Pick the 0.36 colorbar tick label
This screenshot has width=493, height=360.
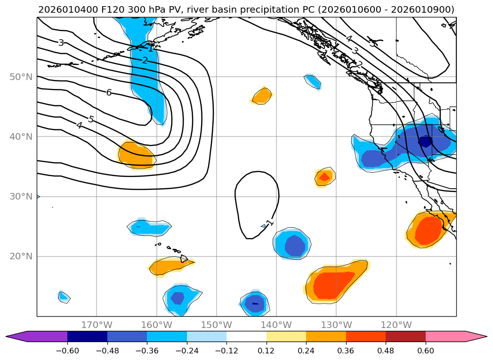346,351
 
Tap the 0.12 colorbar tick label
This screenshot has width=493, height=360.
267,351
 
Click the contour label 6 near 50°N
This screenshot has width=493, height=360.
109,93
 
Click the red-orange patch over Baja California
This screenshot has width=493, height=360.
428,229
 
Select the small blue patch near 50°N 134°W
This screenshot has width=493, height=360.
313,81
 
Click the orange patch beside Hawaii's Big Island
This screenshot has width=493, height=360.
170,267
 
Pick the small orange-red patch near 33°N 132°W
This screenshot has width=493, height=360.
324,176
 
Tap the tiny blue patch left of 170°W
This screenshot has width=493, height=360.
64,296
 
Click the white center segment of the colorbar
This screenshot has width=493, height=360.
246,336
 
